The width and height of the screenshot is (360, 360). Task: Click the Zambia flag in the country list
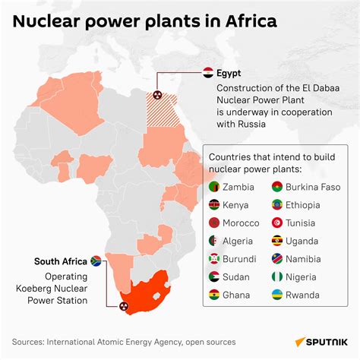[x=214, y=187]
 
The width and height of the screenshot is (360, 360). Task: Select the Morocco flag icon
[x=214, y=223]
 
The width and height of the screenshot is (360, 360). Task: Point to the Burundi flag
[x=214, y=259]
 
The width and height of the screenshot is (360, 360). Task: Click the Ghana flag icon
[x=214, y=295]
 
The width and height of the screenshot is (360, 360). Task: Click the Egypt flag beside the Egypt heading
[x=208, y=74]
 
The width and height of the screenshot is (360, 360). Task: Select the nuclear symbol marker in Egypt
[x=158, y=96]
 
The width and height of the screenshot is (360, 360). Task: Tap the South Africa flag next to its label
[x=96, y=261]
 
